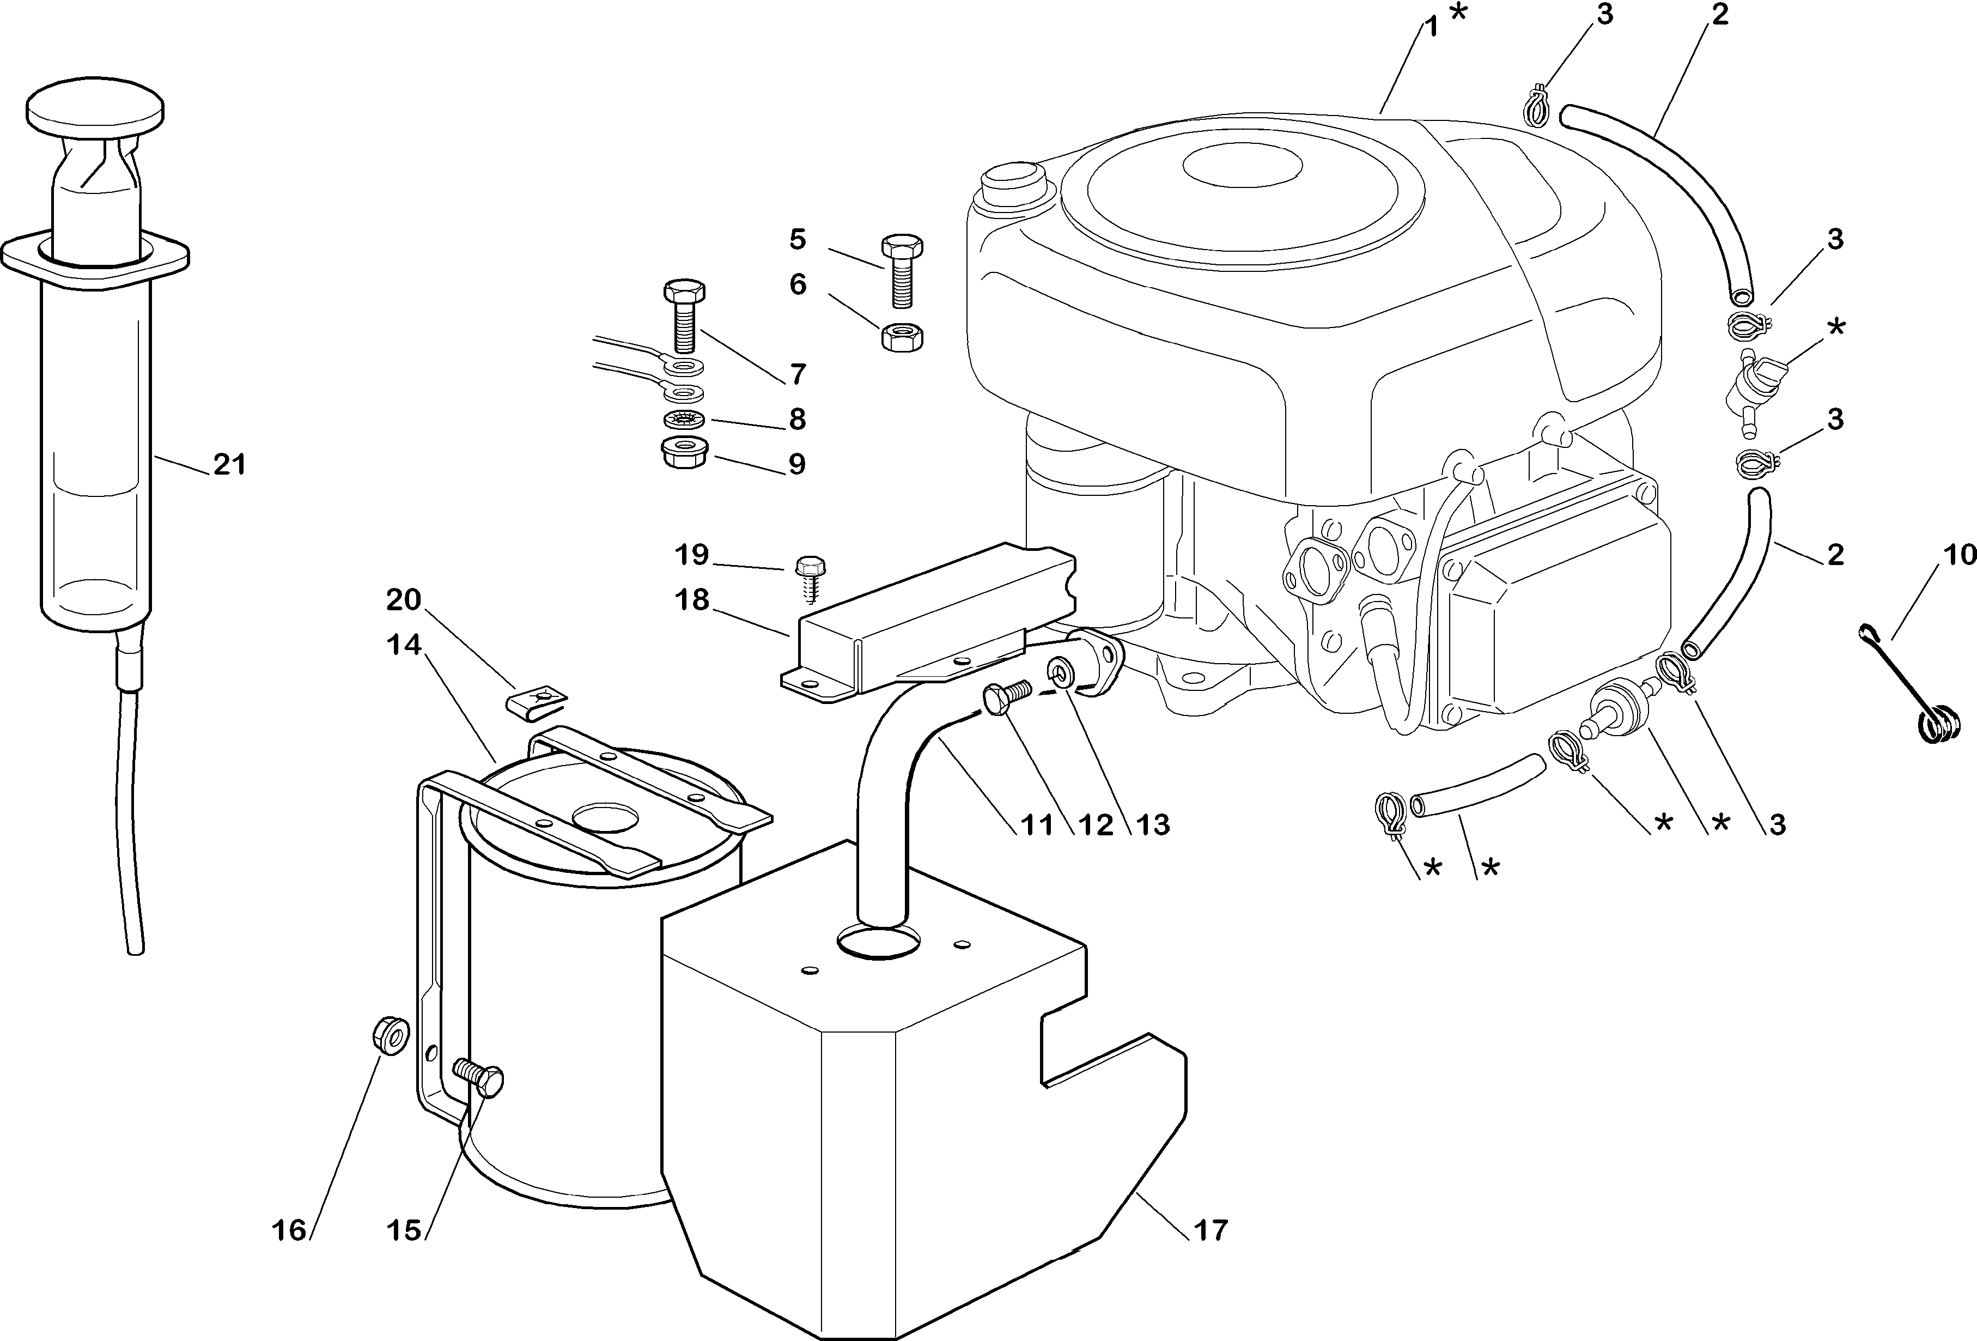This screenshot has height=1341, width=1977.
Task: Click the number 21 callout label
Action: coord(229,465)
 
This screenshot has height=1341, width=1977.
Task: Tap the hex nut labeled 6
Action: coord(903,338)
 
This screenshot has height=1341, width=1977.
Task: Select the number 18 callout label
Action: coord(692,600)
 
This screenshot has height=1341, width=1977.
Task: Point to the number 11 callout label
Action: coord(1037,824)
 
